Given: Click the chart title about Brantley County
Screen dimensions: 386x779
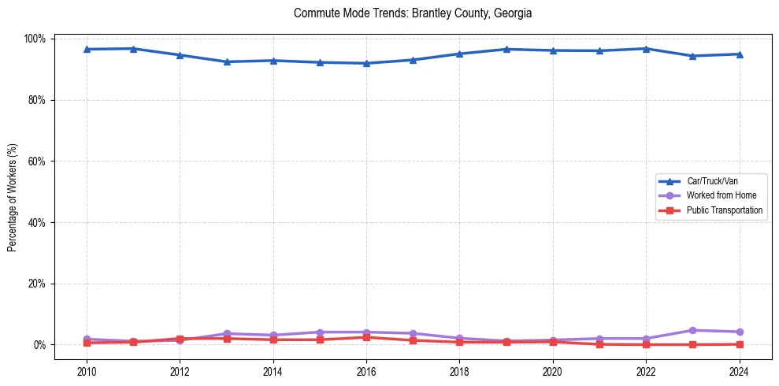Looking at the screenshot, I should (x=413, y=13).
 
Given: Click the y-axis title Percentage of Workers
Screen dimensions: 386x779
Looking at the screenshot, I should (x=13, y=191).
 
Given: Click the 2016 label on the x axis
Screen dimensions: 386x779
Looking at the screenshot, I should (x=366, y=370).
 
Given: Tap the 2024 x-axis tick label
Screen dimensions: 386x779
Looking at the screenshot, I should (x=739, y=370).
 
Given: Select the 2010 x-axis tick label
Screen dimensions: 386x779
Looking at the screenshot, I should (x=87, y=370).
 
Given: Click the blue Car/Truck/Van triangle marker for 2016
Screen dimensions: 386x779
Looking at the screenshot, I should (x=366, y=63).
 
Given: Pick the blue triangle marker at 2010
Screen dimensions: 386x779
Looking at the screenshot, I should (x=87, y=49).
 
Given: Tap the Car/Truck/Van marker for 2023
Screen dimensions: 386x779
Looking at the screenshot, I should (x=692, y=56).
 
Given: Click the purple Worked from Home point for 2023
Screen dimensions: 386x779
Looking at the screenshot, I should (x=692, y=330).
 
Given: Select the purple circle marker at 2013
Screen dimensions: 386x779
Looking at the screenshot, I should (x=227, y=333).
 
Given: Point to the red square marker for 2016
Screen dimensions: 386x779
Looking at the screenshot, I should (x=366, y=337).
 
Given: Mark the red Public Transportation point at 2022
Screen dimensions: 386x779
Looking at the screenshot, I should (x=646, y=344).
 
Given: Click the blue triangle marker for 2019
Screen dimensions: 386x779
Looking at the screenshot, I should (x=506, y=49).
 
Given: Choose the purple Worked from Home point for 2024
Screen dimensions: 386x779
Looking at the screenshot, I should (x=739, y=332).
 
